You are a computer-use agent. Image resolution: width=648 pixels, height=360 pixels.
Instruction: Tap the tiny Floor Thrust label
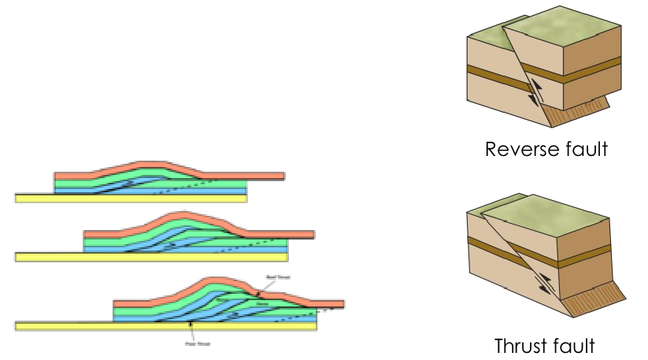tap(191, 343)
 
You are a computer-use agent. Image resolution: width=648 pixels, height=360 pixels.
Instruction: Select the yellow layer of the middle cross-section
tap(150, 257)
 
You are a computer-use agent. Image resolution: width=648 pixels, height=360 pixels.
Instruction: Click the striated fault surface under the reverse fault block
tap(587, 111)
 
